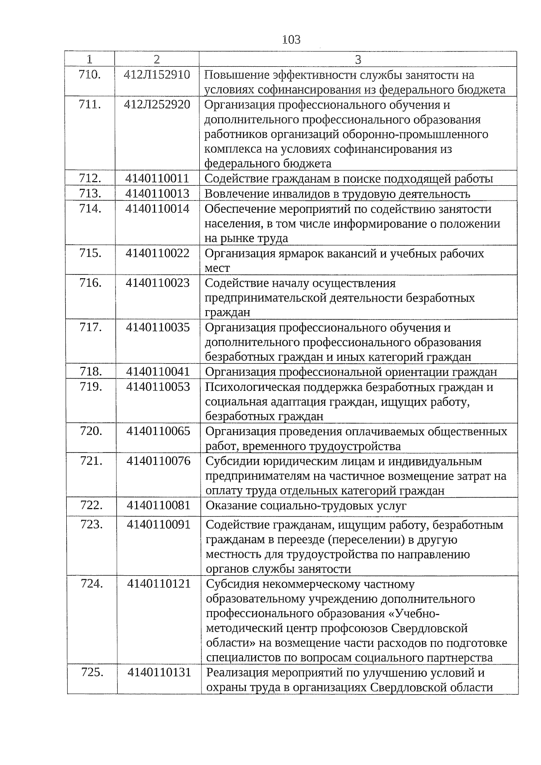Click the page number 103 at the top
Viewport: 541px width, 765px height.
(x=291, y=40)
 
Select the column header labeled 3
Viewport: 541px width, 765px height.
(x=358, y=60)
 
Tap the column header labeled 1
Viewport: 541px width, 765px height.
(x=89, y=60)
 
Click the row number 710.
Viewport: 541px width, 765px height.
(x=89, y=75)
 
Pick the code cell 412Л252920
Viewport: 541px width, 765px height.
(x=157, y=105)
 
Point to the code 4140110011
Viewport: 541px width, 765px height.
(x=157, y=179)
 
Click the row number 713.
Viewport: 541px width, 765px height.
(x=90, y=193)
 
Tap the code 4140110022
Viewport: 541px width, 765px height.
(x=158, y=253)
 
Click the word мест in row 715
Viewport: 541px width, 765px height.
(x=217, y=268)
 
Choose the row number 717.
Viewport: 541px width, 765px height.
(x=91, y=327)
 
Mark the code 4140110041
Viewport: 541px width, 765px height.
(x=158, y=372)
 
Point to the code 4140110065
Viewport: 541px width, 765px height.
(x=159, y=431)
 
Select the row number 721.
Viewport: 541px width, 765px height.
(x=91, y=461)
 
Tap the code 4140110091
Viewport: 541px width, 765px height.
(x=159, y=525)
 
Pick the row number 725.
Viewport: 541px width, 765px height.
(x=92, y=673)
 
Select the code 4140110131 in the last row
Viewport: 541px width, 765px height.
(x=160, y=673)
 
